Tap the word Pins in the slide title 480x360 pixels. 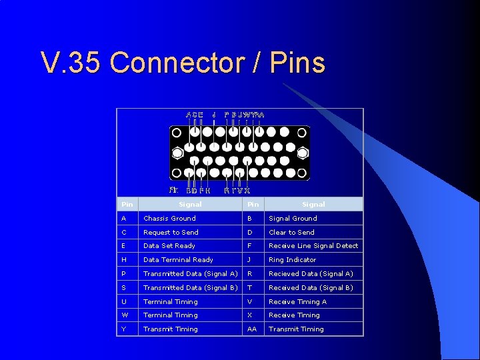pyautogui.click(x=298, y=63)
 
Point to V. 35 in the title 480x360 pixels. pyautogui.click(x=71, y=63)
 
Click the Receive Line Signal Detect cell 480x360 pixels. pyautogui.click(x=313, y=246)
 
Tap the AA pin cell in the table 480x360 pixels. pyautogui.click(x=251, y=329)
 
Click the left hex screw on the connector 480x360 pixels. pyautogui.click(x=177, y=152)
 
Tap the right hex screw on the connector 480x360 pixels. pyautogui.click(x=303, y=153)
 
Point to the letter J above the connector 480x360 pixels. pyautogui.click(x=214, y=115)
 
